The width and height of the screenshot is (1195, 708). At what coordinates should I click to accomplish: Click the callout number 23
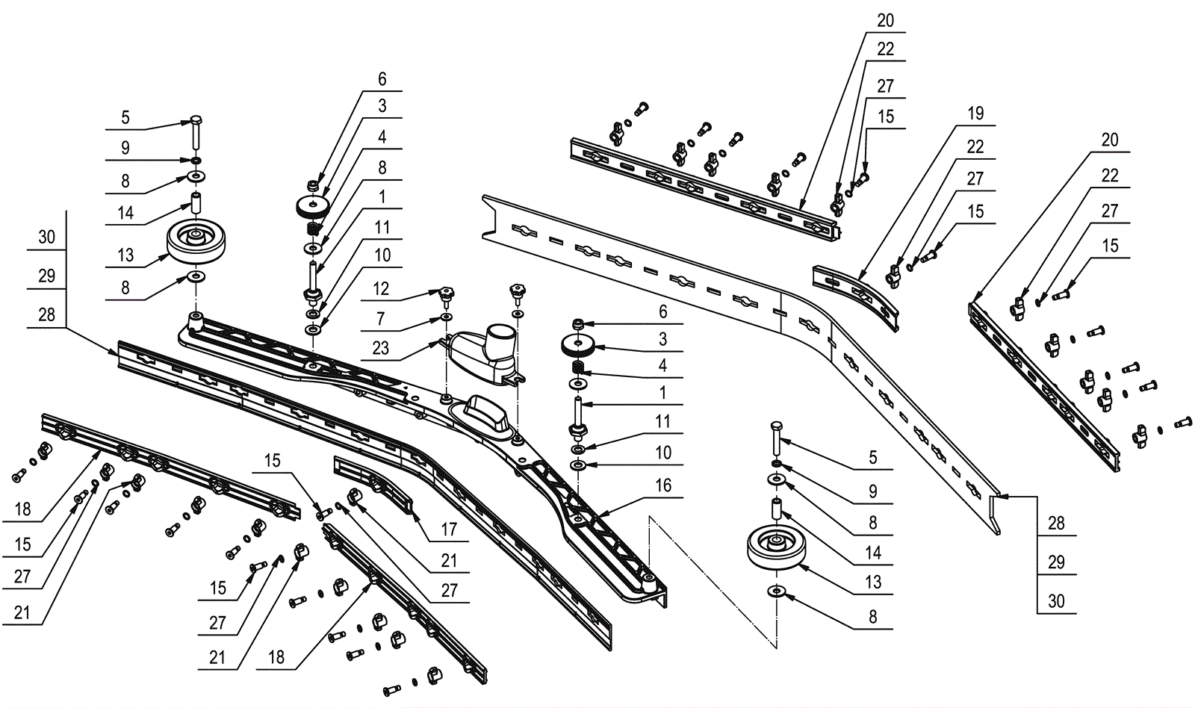click(x=380, y=347)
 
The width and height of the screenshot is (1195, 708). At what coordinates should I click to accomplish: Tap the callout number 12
click(x=381, y=288)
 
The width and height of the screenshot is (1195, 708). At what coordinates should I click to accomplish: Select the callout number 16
click(x=663, y=485)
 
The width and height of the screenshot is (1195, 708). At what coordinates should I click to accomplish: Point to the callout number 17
click(x=448, y=529)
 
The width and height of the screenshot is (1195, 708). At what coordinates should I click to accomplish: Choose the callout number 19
click(x=975, y=114)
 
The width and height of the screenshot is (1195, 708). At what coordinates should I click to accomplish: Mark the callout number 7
click(x=381, y=319)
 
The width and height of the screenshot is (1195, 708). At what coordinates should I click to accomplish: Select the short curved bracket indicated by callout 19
click(x=855, y=295)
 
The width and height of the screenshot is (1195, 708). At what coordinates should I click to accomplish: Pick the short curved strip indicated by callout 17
click(x=373, y=482)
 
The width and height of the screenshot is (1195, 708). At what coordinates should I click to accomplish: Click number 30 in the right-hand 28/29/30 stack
click(x=1056, y=601)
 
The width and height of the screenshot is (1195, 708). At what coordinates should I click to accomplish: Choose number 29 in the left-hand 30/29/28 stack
click(x=46, y=276)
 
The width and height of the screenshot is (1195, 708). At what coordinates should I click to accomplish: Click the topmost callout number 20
click(x=885, y=21)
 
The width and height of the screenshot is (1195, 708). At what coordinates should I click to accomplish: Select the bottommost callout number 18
click(x=276, y=657)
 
